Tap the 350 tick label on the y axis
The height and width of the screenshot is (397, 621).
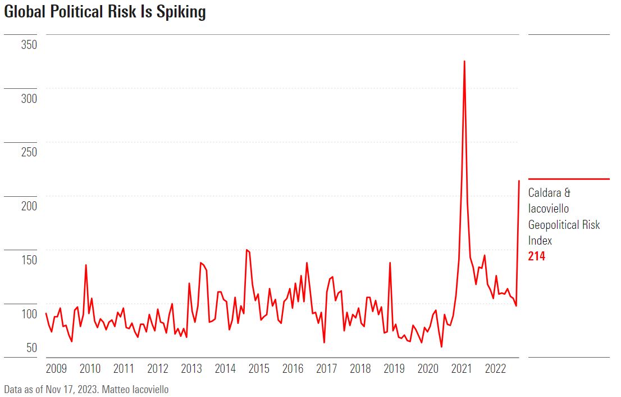(x=29, y=44)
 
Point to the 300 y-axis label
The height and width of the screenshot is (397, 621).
(x=29, y=98)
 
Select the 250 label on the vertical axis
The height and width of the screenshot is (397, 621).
(x=29, y=152)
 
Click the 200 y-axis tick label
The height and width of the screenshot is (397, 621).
(x=29, y=206)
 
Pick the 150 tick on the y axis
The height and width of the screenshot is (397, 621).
(x=29, y=260)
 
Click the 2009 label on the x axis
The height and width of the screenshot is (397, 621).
(x=56, y=369)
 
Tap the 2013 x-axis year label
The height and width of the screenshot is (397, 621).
(x=191, y=369)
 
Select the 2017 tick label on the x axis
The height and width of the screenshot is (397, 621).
(x=326, y=369)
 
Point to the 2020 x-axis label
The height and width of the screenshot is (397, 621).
(x=428, y=369)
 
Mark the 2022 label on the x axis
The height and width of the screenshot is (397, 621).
(x=495, y=369)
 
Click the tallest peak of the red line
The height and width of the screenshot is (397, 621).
(x=464, y=61)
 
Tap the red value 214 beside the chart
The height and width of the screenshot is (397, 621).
(x=537, y=256)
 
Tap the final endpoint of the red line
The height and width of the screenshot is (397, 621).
(x=519, y=181)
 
